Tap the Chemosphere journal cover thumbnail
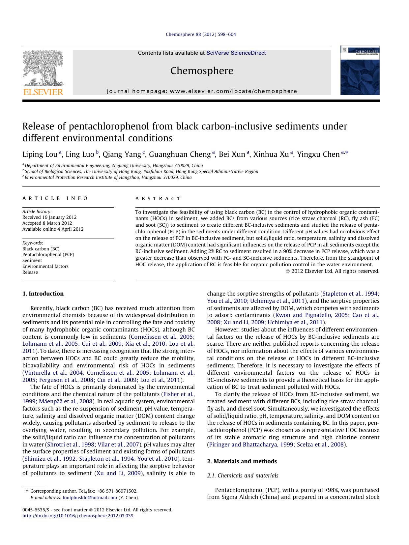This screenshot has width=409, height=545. coord(360,71)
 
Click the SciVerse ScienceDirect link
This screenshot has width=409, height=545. coord(236,53)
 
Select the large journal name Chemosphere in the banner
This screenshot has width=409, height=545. coord(202,71)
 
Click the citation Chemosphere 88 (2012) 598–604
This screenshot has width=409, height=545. coord(201,34)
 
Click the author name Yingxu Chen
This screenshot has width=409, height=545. coord(318,154)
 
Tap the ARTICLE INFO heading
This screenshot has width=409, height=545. coord(55,198)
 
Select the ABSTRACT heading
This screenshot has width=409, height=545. coord(158,199)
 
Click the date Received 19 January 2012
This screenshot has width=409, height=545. coord(49,217)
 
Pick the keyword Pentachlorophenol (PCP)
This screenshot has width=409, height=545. coord(48,254)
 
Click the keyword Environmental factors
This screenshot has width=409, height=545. coord(45,266)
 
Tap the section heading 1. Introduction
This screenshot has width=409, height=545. coord(43,294)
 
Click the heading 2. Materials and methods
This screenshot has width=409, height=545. coord(242,461)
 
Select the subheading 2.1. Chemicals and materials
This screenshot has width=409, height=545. coord(243,475)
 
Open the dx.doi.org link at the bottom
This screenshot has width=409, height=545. coord(78,516)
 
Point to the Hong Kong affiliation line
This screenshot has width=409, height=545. coord(141,171)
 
